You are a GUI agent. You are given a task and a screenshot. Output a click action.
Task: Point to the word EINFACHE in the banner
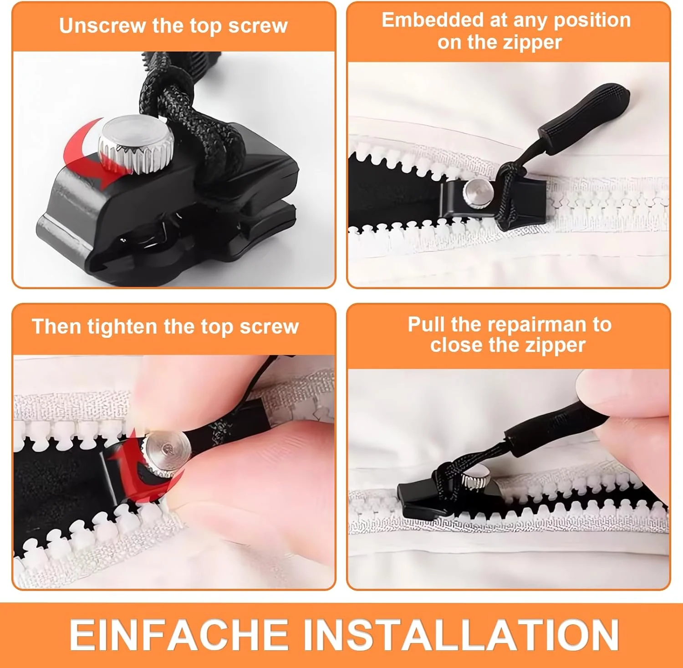178,635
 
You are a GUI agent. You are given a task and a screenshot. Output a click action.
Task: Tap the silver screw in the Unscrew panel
135,144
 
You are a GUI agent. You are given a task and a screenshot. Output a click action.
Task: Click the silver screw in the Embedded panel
476,193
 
